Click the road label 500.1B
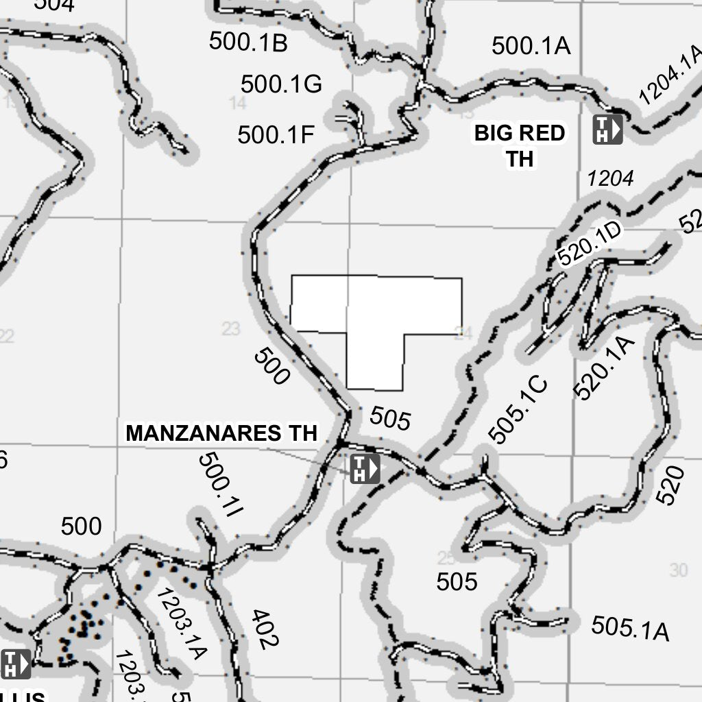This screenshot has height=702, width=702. (x=248, y=42)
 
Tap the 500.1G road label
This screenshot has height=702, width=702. (x=281, y=84)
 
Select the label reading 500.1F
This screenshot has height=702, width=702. (x=276, y=135)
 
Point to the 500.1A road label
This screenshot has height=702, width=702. (x=531, y=46)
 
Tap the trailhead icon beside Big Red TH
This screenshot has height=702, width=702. (x=607, y=129)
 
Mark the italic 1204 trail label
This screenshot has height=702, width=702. (x=610, y=179)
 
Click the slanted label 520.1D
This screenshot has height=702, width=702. (x=589, y=243)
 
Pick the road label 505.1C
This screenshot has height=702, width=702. (x=518, y=409)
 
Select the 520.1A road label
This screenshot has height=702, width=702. (x=603, y=368)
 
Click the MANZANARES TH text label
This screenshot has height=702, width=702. (x=221, y=433)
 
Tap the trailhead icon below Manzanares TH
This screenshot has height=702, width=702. (x=365, y=470)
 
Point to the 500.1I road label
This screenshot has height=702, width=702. (x=221, y=485)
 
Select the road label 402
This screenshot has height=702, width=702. (x=265, y=629)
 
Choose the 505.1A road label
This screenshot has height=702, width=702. (x=630, y=628)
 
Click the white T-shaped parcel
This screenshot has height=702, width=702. (x=375, y=322)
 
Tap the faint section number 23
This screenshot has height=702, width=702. (x=231, y=329)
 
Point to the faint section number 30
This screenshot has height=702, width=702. (x=678, y=570)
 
